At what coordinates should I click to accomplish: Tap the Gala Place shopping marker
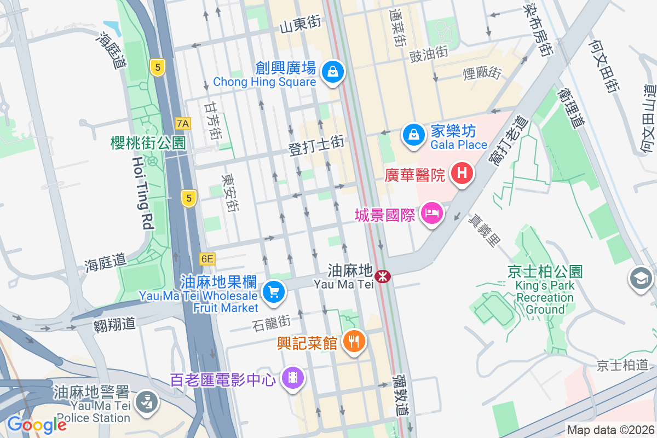[414, 134]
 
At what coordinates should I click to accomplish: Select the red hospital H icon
[462, 174]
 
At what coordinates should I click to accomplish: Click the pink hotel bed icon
[432, 212]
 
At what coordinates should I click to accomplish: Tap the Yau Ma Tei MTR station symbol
[383, 276]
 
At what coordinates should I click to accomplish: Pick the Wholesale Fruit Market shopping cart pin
[273, 291]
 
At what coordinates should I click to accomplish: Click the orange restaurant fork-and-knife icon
[354, 342]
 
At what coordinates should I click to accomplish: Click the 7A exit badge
[183, 124]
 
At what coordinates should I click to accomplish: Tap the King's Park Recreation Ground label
[544, 297]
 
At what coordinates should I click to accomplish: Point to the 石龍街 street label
[273, 322]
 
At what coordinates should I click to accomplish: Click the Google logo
[37, 424]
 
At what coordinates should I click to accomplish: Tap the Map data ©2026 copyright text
[610, 430]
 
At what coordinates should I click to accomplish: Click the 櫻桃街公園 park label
[148, 143]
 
